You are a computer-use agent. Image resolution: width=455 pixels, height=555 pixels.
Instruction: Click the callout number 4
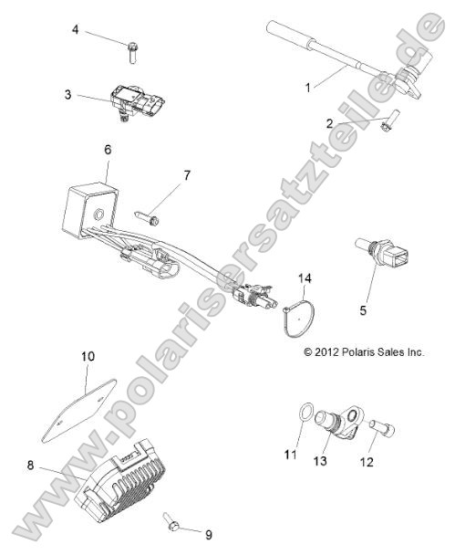coord(75,29)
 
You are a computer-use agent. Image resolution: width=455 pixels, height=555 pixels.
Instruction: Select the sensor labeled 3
coord(138,101)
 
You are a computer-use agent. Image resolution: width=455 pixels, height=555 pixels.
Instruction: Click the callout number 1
coord(308,88)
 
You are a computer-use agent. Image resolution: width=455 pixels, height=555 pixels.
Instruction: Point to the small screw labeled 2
coord(388,121)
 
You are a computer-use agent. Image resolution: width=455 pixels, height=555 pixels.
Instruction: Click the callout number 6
coord(108,150)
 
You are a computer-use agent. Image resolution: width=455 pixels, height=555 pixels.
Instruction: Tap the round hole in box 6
coord(98,215)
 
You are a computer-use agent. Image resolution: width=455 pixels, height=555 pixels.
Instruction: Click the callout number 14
coord(305,278)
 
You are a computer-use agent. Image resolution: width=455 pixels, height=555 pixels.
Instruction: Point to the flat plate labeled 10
coord(79,412)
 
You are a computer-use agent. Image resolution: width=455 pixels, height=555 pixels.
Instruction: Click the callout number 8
coord(31,466)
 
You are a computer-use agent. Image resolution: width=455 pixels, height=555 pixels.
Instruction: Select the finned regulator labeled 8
coord(119,480)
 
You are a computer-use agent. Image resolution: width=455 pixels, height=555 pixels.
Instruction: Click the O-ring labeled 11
coord(306,413)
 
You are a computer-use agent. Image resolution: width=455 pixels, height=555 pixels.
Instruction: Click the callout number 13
coord(320,461)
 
